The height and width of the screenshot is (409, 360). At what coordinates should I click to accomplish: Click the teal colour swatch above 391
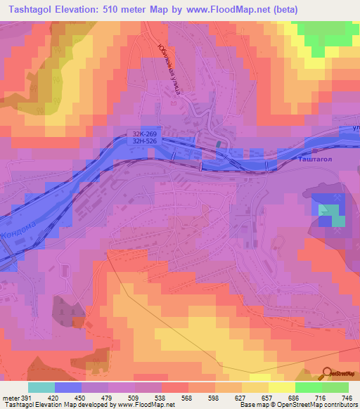(x=41, y=387)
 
